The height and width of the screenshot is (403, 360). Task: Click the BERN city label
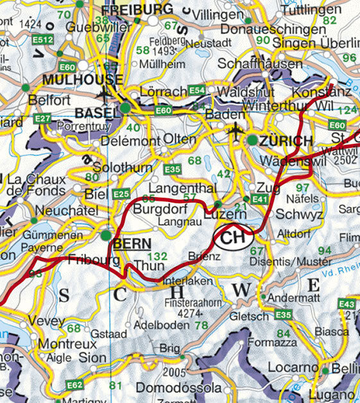[132, 244]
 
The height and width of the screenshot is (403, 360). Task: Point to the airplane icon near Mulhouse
[104, 94]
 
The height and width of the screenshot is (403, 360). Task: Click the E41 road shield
[259, 200]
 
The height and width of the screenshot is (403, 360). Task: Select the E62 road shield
[74, 385]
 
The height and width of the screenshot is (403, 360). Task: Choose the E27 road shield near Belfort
[43, 119]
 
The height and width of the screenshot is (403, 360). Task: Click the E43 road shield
[347, 304]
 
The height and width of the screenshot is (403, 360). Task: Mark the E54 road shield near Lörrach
[197, 90]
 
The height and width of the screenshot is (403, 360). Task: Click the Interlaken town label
[187, 281]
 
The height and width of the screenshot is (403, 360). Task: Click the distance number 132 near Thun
[157, 256]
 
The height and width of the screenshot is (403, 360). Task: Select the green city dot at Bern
[106, 236]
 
